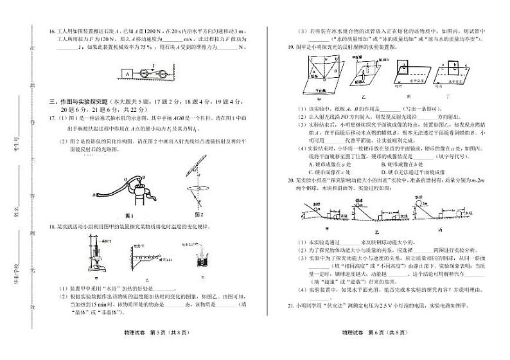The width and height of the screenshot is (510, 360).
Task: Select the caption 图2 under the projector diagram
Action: pos(198,214)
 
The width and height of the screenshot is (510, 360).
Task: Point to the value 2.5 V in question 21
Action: pos(396,306)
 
